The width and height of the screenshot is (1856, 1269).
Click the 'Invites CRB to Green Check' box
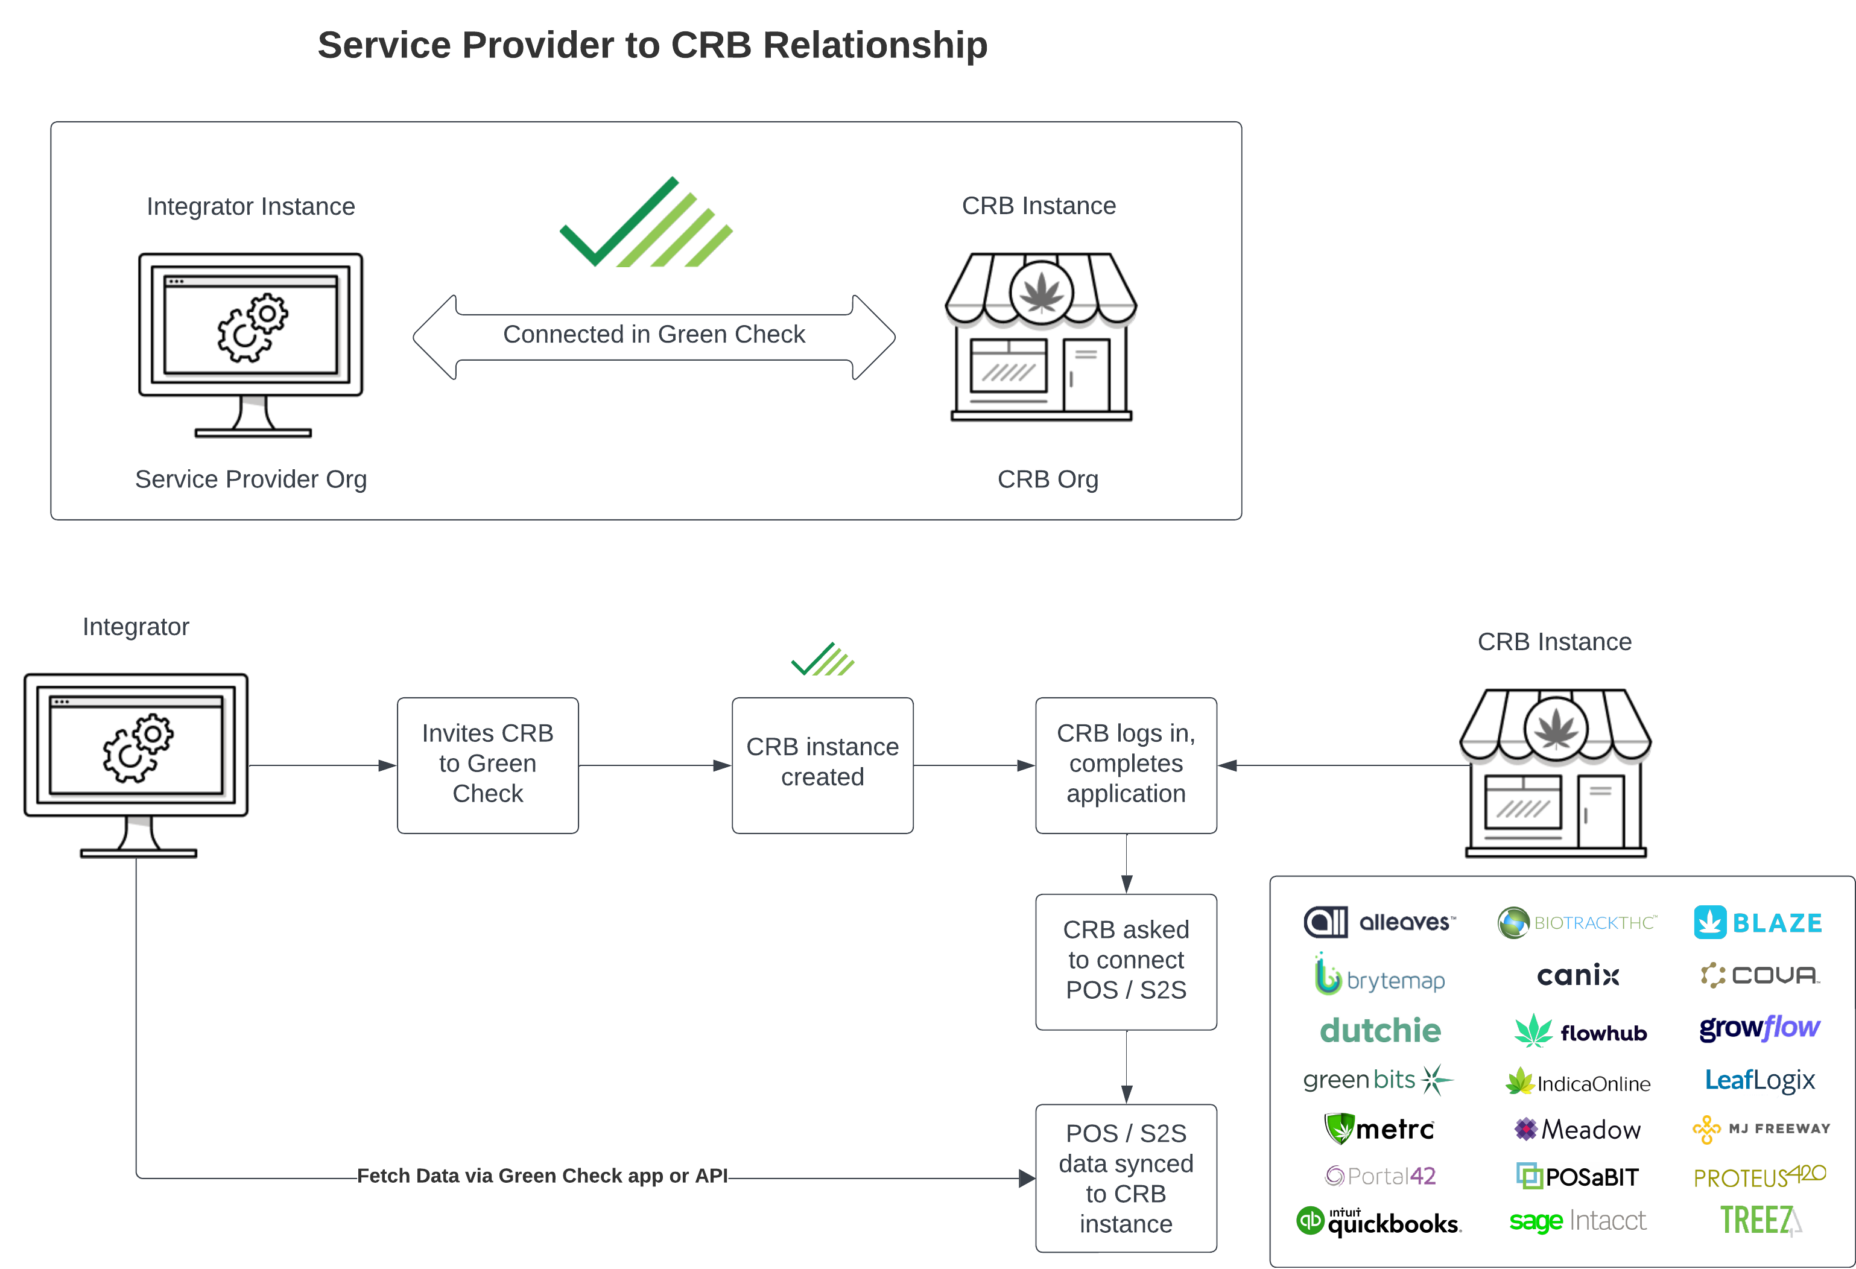[487, 764]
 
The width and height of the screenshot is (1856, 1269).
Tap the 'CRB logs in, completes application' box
[1126, 764]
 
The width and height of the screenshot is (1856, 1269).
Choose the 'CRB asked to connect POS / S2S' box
[1126, 961]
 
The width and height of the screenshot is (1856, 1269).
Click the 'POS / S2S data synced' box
[1126, 1177]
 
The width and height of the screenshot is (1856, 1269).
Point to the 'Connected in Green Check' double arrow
[653, 335]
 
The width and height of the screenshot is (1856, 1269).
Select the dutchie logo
[1380, 1030]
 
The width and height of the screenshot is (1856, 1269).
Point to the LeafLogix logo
[1759, 1080]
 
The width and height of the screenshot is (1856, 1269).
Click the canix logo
[1577, 975]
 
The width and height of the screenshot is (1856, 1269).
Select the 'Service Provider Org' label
[251, 479]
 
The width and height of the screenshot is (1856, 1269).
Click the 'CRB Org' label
[1047, 479]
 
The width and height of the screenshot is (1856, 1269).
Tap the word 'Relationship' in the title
[875, 45]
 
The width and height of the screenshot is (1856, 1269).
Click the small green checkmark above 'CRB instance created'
[822, 660]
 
